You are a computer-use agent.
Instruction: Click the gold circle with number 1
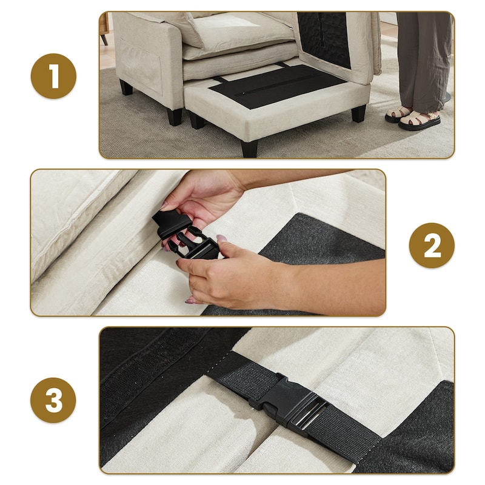tap(53, 76)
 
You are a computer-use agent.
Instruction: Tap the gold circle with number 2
tap(432, 246)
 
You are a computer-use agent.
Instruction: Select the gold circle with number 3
tap(53, 400)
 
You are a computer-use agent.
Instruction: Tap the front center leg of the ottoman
tap(249, 149)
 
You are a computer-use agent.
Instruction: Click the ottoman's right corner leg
tap(359, 113)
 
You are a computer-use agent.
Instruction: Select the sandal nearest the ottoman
tap(398, 114)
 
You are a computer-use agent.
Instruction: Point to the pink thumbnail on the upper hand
tap(164, 206)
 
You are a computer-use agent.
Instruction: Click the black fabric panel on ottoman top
tap(276, 87)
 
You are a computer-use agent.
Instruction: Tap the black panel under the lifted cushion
tap(325, 39)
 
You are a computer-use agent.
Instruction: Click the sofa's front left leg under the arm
tap(174, 117)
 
